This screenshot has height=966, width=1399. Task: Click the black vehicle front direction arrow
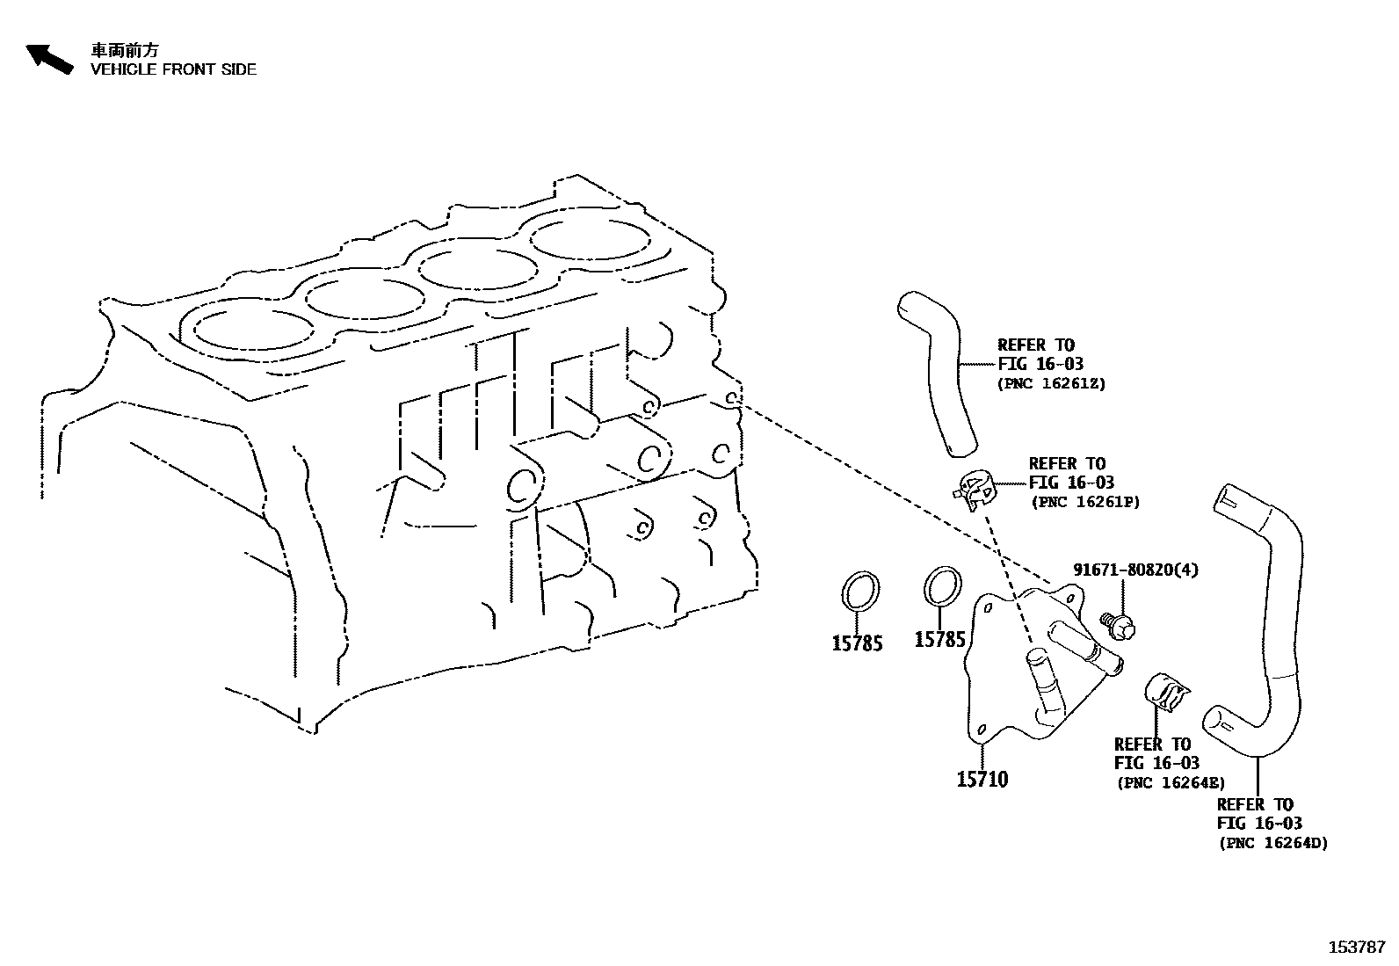[x=49, y=59]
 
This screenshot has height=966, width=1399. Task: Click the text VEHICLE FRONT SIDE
[x=174, y=69]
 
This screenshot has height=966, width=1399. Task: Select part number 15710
[x=982, y=779]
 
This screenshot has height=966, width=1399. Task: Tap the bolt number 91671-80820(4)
[x=1135, y=570]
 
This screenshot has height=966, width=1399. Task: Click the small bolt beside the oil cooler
[x=1117, y=625]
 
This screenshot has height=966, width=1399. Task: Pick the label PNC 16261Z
[x=1051, y=383]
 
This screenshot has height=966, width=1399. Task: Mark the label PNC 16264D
[x=1272, y=843]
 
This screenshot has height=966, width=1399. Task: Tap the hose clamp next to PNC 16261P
[x=975, y=490]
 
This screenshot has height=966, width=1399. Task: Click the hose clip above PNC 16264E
[x=1165, y=692]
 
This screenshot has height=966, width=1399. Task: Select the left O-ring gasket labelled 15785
[x=860, y=589]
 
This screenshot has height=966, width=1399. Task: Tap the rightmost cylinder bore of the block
[x=590, y=237]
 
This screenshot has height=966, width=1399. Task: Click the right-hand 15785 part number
[x=940, y=639]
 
